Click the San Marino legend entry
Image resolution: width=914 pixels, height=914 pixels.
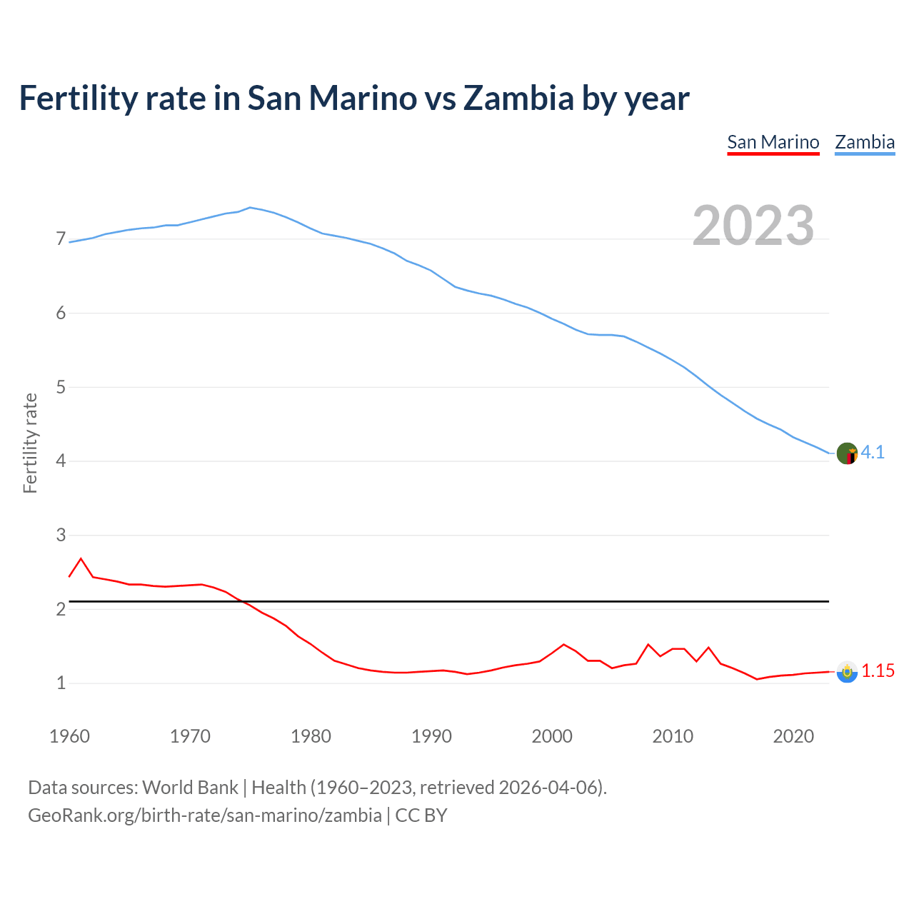click(x=773, y=142)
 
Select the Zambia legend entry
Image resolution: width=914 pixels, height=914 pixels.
click(x=865, y=142)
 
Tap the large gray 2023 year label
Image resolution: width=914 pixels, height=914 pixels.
click(x=753, y=226)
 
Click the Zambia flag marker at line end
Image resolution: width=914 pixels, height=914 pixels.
click(x=847, y=453)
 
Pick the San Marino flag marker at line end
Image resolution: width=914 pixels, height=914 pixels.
click(x=847, y=672)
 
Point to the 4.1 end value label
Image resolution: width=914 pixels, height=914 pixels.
click(x=873, y=452)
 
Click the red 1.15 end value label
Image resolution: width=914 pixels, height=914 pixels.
click(x=878, y=671)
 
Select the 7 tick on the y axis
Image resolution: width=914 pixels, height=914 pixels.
click(x=61, y=239)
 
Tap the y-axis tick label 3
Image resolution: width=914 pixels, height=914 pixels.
click(x=61, y=535)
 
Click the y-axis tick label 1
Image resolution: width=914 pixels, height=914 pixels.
click(x=61, y=683)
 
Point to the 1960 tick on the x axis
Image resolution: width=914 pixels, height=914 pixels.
click(x=69, y=736)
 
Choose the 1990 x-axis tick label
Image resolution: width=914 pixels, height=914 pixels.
click(x=431, y=736)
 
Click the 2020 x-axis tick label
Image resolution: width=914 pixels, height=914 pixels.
click(x=793, y=736)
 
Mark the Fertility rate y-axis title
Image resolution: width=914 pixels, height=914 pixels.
click(x=30, y=443)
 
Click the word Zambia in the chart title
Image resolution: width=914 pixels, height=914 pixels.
click(x=518, y=98)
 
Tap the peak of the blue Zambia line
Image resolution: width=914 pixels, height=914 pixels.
click(x=249, y=208)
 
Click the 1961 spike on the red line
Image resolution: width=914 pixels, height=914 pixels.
click(x=81, y=559)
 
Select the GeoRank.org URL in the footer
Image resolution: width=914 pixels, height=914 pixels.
click(x=204, y=815)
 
